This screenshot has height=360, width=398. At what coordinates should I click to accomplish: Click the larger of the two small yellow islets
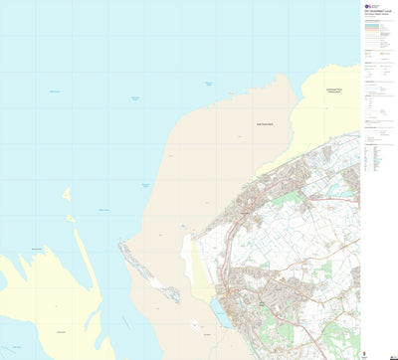point(67,196)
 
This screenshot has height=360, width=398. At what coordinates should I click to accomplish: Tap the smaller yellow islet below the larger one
point(71,217)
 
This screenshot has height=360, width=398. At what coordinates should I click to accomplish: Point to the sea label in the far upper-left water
point(55,92)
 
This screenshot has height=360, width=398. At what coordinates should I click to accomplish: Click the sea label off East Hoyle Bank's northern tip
point(209,85)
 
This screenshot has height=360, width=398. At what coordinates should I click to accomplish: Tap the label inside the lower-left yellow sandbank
point(62,331)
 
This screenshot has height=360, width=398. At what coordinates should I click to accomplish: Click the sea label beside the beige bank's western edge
point(145,186)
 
